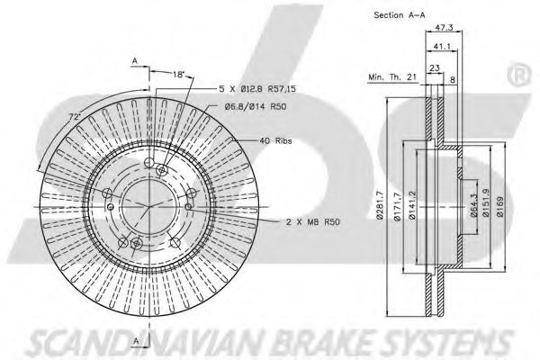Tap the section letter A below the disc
134,340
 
